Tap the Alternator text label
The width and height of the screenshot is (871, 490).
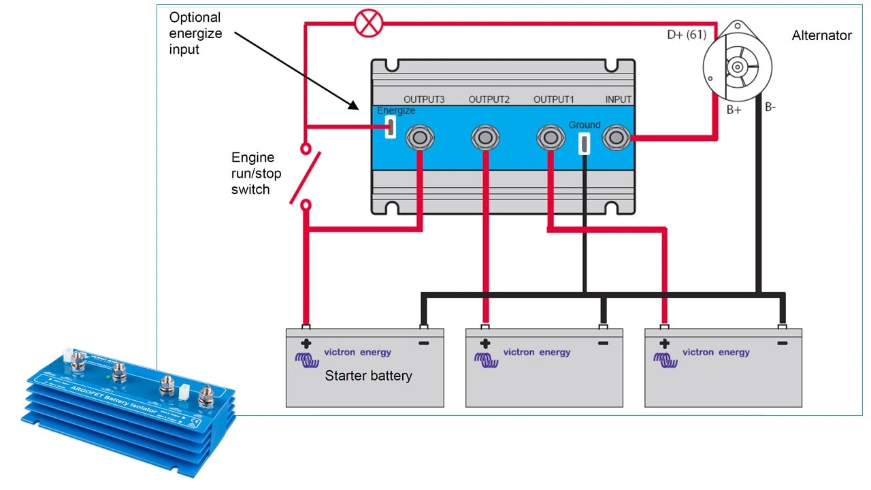[x=821, y=35]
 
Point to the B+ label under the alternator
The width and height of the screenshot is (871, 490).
[x=733, y=110]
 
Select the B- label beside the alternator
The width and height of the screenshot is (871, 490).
[x=770, y=107]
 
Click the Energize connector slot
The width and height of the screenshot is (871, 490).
[x=391, y=127]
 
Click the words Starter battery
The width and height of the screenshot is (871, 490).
[x=368, y=376]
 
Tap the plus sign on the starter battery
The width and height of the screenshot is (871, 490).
[x=306, y=344]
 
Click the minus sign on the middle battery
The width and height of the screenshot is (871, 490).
[x=603, y=344]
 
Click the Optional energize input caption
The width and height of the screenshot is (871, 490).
[x=195, y=33]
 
